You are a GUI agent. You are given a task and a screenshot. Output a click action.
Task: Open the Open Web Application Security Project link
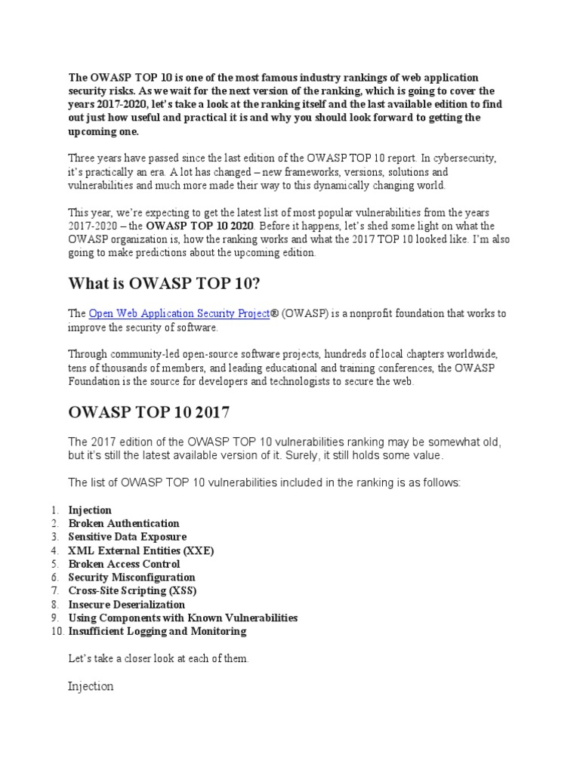pyautogui.click(x=179, y=313)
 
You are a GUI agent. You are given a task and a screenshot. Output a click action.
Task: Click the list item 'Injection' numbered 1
pyautogui.click(x=90, y=510)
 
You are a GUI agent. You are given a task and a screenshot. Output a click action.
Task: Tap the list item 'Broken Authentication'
pyautogui.click(x=124, y=523)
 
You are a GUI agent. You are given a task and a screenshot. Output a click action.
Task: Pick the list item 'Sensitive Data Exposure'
pyautogui.click(x=128, y=537)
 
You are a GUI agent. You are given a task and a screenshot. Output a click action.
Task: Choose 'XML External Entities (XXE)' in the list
pyautogui.click(x=141, y=550)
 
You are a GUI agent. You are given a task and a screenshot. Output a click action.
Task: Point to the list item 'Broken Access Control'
pyautogui.click(x=124, y=564)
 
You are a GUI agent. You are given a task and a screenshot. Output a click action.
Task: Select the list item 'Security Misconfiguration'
pyautogui.click(x=131, y=577)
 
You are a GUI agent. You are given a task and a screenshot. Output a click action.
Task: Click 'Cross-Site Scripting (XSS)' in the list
pyautogui.click(x=132, y=591)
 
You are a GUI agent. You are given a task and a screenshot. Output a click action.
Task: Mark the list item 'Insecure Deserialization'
pyautogui.click(x=126, y=605)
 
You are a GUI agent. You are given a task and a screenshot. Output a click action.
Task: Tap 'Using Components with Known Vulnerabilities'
pyautogui.click(x=183, y=618)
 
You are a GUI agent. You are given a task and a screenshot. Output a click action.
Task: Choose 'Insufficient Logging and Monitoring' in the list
pyautogui.click(x=157, y=632)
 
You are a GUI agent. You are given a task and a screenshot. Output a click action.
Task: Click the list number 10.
pyautogui.click(x=56, y=632)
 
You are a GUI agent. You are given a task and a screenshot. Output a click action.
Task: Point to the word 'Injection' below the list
pyautogui.click(x=91, y=686)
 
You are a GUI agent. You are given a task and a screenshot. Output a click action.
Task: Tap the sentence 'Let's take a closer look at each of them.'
pyautogui.click(x=158, y=659)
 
